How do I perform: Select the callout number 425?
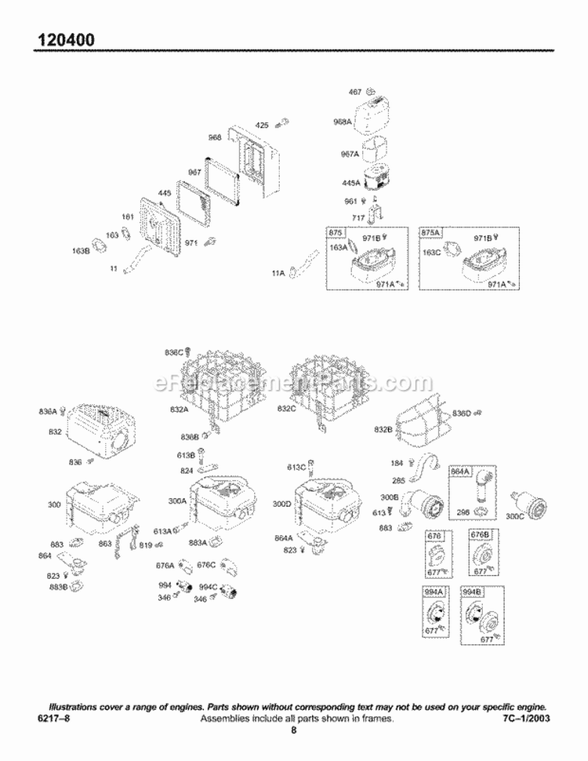(x=262, y=125)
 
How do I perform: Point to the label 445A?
(x=350, y=183)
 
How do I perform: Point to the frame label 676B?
(x=478, y=534)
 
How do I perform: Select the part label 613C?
(x=296, y=467)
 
